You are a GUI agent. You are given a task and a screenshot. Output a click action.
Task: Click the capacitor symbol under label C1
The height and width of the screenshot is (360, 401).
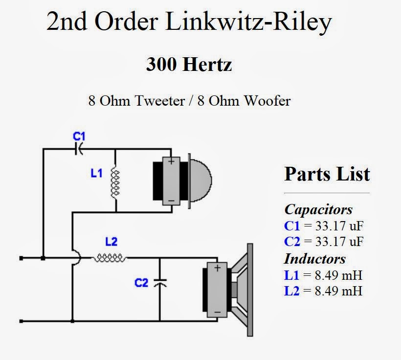coord(78,149)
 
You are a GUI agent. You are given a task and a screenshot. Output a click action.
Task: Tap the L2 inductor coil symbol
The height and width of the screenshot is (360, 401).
coord(110,258)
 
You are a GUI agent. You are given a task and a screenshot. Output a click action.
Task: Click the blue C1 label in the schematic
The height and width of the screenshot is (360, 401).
coord(78,135)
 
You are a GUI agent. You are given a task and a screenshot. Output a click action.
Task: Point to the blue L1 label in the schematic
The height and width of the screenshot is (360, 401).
coord(96,173)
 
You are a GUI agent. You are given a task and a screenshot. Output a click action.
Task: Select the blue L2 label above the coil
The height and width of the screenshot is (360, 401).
coord(111,242)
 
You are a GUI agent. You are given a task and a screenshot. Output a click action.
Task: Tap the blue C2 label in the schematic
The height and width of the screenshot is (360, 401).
coord(141,282)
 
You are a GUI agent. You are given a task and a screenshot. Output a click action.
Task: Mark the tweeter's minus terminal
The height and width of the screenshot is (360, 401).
coord(171,201)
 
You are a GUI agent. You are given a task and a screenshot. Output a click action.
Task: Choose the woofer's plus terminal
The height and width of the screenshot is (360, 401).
coord(217,268)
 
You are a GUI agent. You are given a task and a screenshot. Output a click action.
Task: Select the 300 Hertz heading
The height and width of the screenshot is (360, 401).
coord(189,64)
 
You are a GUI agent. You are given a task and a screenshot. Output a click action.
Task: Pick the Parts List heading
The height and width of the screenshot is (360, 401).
coord(327,174)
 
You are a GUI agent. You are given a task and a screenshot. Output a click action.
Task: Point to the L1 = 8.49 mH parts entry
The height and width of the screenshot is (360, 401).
coord(323,275)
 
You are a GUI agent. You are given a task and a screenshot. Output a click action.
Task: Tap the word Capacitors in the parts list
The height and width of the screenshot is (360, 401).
coord(318,209)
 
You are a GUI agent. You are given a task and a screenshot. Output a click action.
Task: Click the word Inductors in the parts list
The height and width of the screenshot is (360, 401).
coord(315,258)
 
